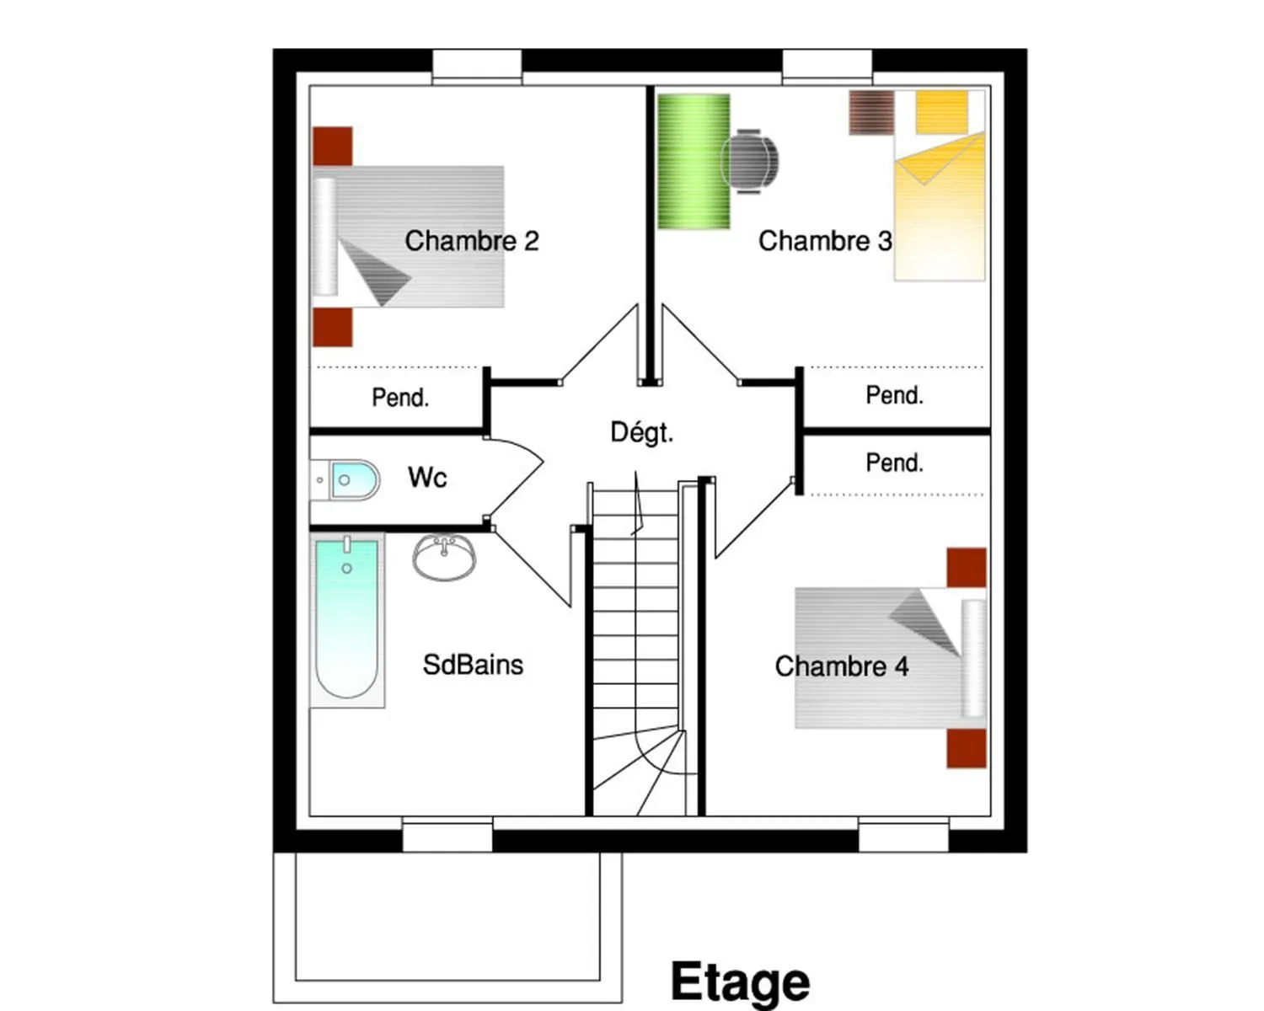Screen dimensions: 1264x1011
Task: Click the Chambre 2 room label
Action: coord(472,241)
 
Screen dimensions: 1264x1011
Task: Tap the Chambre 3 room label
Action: coord(825,241)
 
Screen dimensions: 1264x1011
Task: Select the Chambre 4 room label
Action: coord(842,666)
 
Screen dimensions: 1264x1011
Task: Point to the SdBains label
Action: coord(473,665)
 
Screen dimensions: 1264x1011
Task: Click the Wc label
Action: coord(427,477)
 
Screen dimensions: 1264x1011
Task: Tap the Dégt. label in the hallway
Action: coord(641,432)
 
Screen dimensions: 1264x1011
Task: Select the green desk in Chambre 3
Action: coord(694,161)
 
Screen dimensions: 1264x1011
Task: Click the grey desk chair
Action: coord(750,161)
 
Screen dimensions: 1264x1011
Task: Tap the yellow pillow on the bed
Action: coord(941,111)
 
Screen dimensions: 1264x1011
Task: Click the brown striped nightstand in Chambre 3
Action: coord(871,112)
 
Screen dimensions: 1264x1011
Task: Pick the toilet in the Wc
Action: coord(345,480)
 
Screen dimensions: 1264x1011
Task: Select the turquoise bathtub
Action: coord(347,619)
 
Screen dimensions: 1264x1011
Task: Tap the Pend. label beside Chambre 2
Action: coord(400,398)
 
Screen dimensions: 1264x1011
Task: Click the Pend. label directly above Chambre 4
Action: coord(895,463)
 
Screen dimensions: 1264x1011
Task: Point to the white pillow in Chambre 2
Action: coord(324,236)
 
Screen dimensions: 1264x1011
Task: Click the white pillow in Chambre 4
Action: coord(974,659)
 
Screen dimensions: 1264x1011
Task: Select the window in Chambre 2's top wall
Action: coord(477,67)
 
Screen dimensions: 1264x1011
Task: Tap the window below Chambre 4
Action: coord(903,834)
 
